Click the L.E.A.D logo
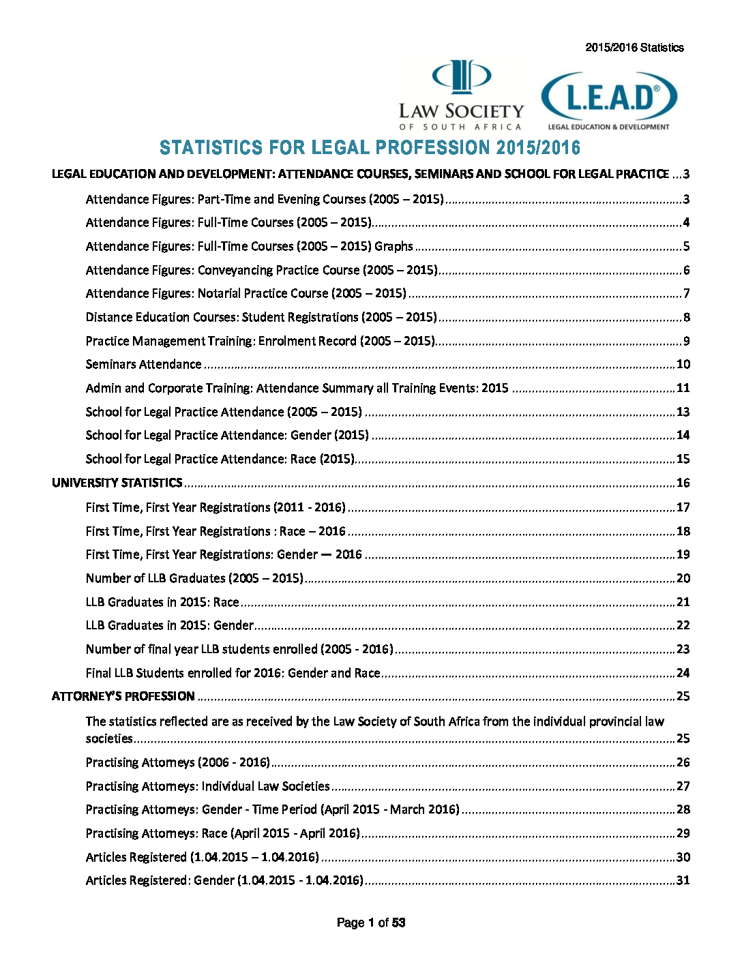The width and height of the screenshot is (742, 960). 608,100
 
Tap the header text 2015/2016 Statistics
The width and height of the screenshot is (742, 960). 634,48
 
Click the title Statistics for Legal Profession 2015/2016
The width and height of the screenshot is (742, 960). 370,147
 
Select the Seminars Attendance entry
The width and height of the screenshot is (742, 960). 143,364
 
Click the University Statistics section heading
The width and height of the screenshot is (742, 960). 117,483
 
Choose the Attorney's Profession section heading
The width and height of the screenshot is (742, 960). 123,696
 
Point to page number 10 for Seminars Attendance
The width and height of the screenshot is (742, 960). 683,364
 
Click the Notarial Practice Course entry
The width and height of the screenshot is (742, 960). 246,293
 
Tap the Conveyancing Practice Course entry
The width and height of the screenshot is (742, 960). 261,270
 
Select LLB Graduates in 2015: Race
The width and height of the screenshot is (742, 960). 162,602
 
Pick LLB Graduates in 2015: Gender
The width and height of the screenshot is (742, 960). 170,625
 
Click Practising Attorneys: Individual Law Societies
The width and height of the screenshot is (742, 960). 207,786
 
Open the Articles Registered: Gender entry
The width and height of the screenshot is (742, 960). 224,880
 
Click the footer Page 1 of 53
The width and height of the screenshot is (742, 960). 371,922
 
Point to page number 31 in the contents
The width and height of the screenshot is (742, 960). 683,880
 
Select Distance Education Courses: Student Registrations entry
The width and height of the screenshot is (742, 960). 261,317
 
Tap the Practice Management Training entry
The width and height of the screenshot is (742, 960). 260,341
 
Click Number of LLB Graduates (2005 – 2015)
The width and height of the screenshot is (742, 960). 194,578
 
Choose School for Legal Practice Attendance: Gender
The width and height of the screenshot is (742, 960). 227,435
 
